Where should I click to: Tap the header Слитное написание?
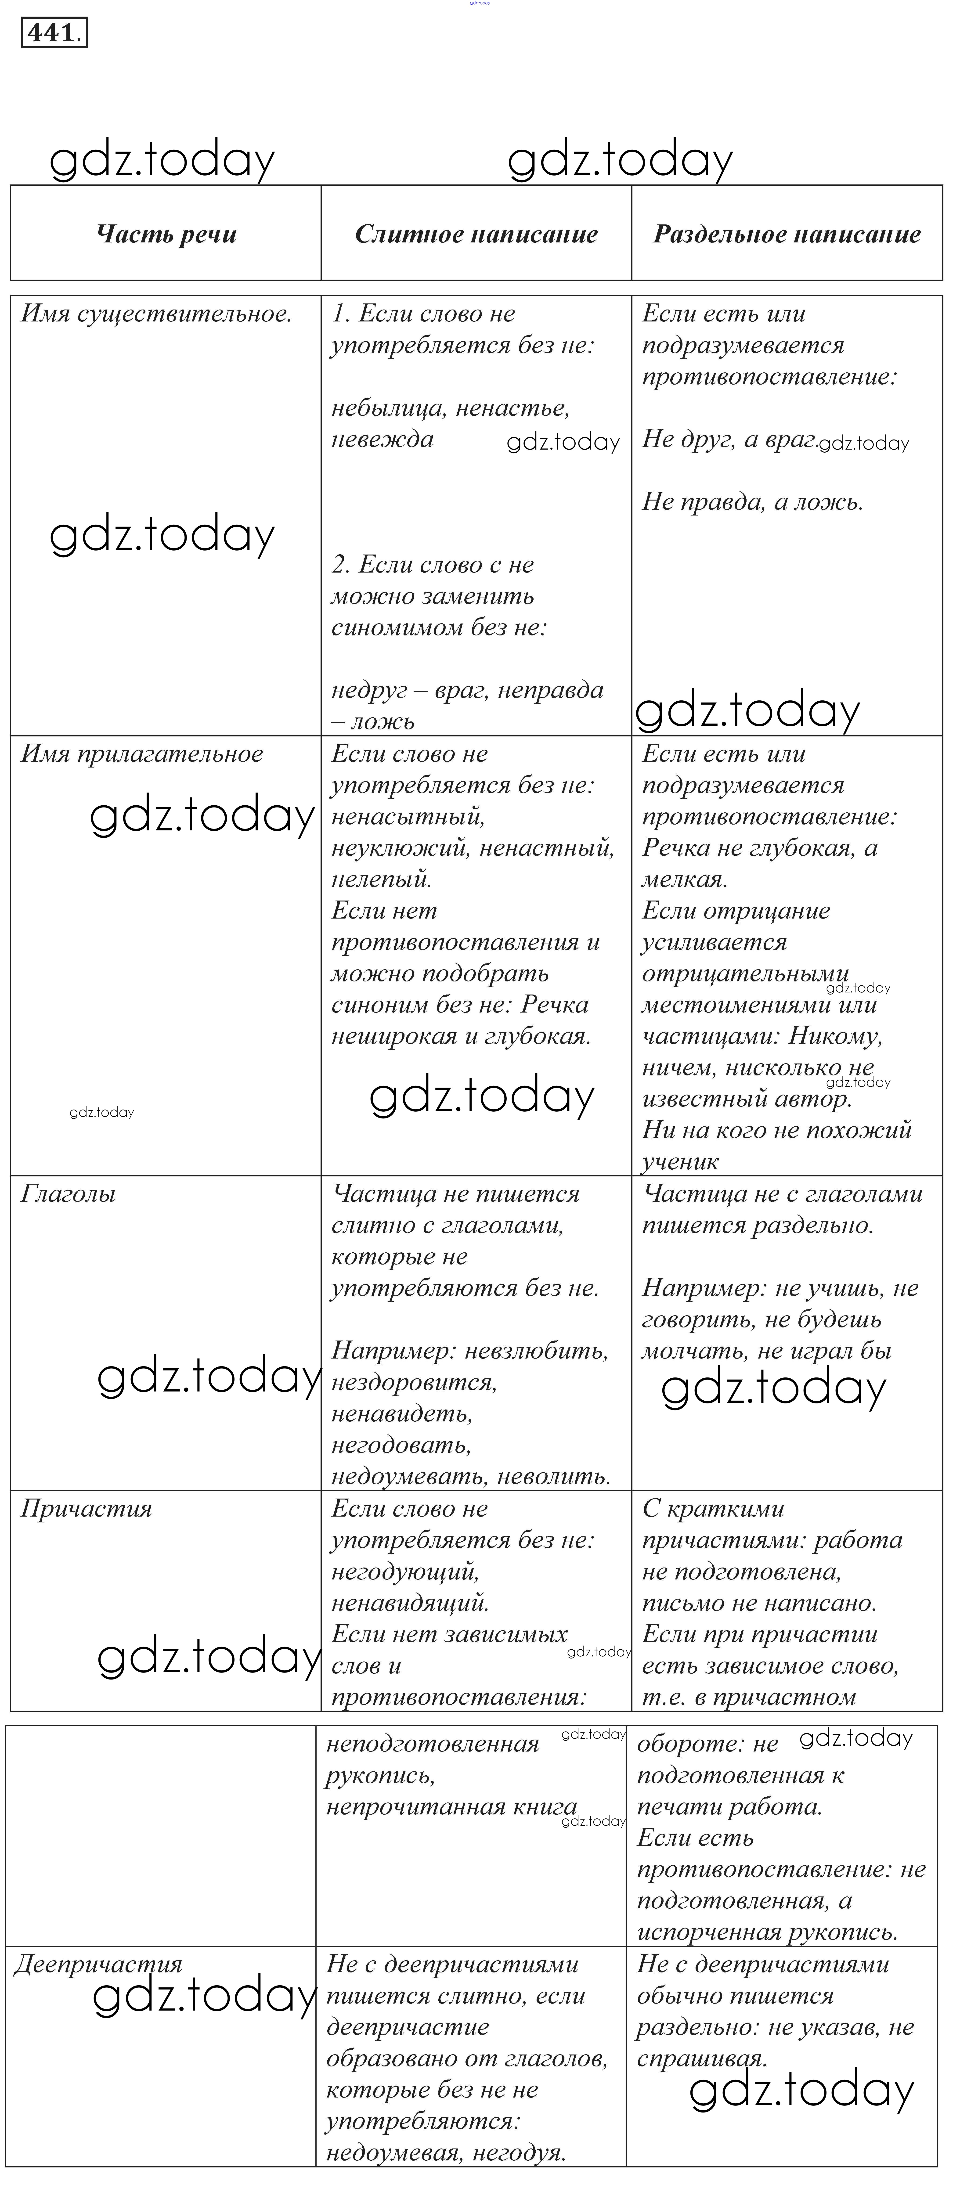[476, 234]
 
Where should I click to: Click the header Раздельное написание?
[787, 234]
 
